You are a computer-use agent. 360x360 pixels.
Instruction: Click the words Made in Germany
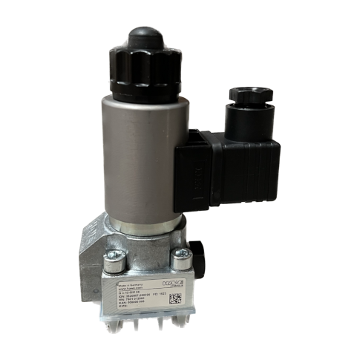[x=130, y=284]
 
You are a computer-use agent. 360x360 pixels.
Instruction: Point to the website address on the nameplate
[x=129, y=289]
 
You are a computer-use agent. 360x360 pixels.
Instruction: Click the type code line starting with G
[x=131, y=293]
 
